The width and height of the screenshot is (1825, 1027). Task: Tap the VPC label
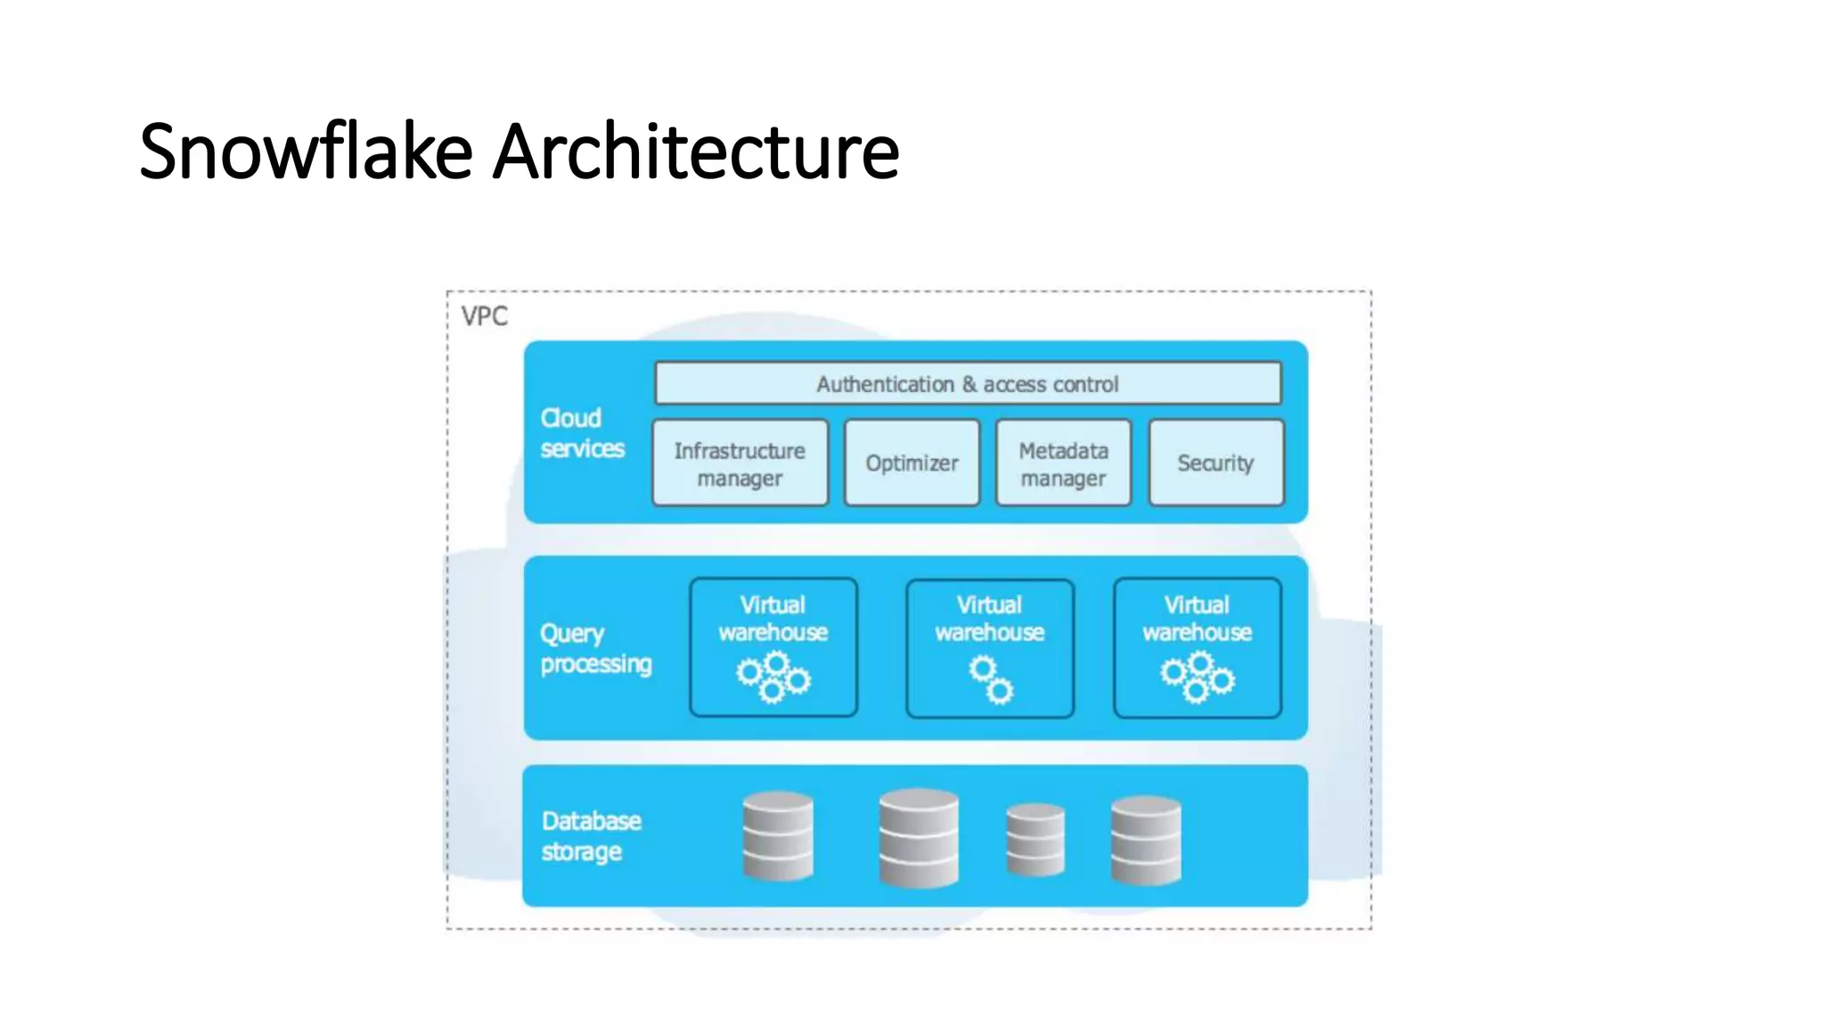[484, 316]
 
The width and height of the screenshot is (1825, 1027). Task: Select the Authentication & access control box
[968, 383]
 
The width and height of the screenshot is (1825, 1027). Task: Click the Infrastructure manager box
[740, 464]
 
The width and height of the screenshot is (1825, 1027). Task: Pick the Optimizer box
[912, 464]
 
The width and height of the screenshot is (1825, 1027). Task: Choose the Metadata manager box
[1063, 464]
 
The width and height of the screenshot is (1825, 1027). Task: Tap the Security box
[1215, 464]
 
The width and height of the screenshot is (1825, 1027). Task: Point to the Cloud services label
[582, 433]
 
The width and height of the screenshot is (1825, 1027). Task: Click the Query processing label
[595, 649]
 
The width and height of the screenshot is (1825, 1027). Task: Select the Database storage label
[591, 835]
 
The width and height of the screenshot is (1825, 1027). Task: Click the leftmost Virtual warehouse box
[773, 647]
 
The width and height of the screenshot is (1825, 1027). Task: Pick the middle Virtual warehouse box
[989, 647]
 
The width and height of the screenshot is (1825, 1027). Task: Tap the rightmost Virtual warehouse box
[1197, 647]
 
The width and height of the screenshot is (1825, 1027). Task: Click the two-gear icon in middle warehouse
[991, 680]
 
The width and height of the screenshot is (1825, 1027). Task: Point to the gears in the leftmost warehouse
[773, 678]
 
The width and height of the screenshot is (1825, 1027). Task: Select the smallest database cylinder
[1035, 840]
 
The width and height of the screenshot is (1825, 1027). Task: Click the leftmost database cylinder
[778, 836]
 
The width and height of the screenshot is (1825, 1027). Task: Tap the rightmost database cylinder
[1146, 841]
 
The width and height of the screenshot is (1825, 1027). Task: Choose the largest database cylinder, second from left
[918, 838]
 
